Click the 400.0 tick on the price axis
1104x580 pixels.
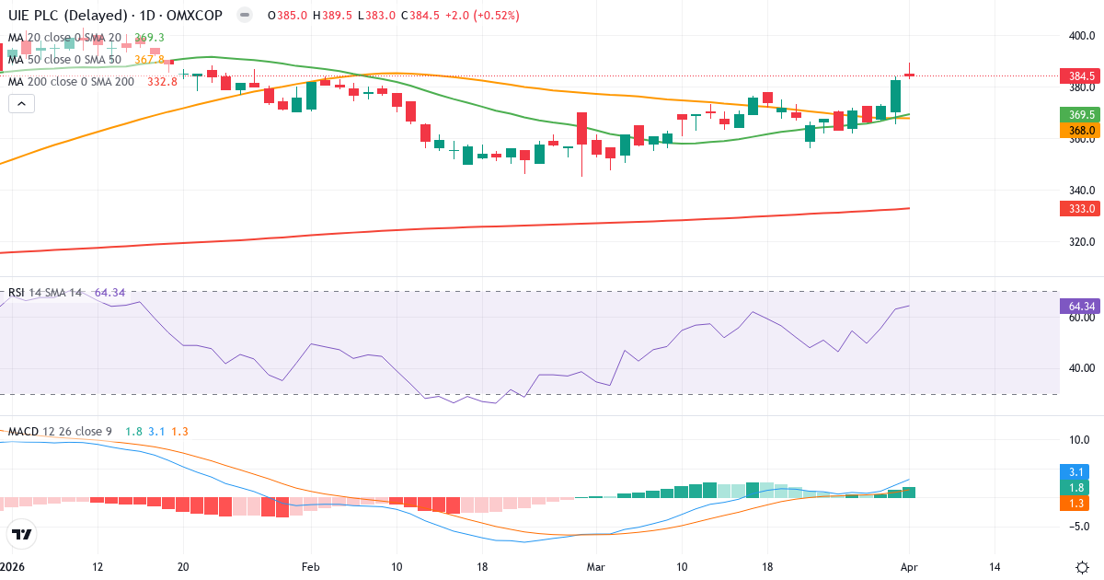point(1081,36)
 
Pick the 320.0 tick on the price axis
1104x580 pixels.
point(1081,242)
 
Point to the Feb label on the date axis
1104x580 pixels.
point(310,567)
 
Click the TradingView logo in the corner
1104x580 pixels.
point(21,534)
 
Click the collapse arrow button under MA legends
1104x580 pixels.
point(21,104)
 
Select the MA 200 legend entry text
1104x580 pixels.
point(71,82)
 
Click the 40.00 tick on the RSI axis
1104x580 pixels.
point(1081,368)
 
